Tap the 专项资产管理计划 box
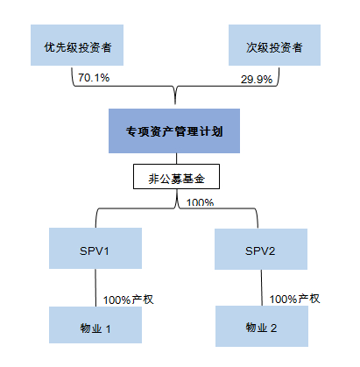click(174, 132)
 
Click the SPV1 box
click(94, 251)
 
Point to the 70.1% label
click(93, 79)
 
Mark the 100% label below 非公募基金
click(201, 202)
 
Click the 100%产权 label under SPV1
click(129, 300)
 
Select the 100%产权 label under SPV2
click(295, 299)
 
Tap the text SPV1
click(94, 251)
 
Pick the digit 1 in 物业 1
click(109, 328)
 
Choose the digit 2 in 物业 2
click(274, 328)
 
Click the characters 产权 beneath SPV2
click(308, 299)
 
